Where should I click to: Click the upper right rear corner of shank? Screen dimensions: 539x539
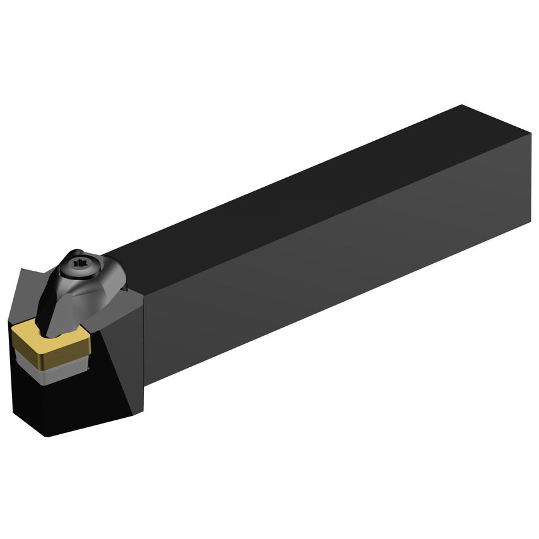[531, 134]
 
